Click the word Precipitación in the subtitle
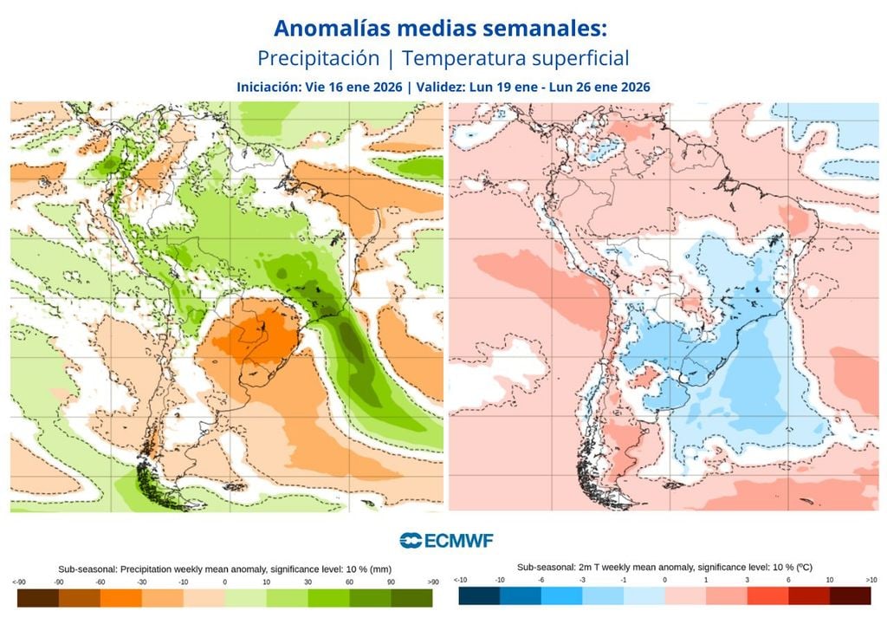(319, 59)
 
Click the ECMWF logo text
(458, 541)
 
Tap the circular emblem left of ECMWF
(410, 541)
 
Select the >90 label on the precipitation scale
(434, 582)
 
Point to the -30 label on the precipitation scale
(142, 582)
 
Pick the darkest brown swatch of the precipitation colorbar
(37, 598)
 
